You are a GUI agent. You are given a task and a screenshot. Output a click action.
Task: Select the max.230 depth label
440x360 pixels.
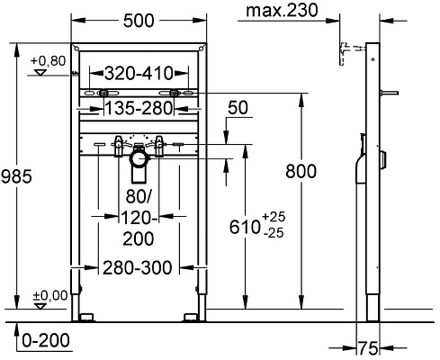coord(286,12)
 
